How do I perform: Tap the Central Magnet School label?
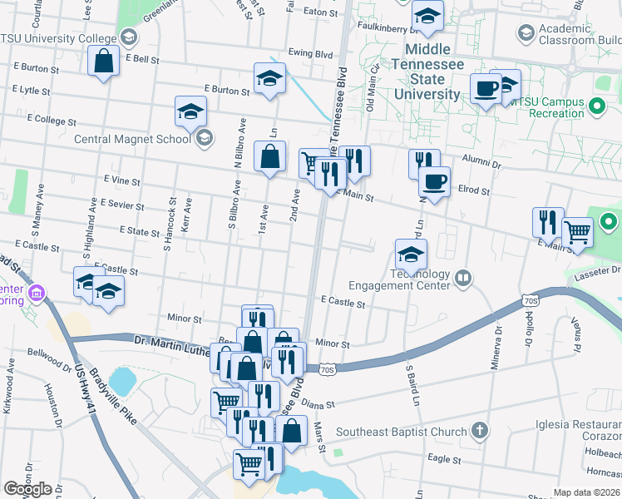[132, 139]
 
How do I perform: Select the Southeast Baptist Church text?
[402, 432]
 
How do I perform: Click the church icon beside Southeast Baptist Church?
[479, 431]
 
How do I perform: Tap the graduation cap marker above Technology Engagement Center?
[411, 254]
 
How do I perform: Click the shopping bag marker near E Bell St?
[104, 62]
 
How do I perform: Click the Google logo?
[27, 489]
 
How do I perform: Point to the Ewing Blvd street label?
[310, 53]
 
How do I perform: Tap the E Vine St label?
[122, 180]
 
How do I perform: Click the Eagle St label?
[444, 458]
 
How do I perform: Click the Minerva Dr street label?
[500, 339]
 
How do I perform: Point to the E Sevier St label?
[121, 204]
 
